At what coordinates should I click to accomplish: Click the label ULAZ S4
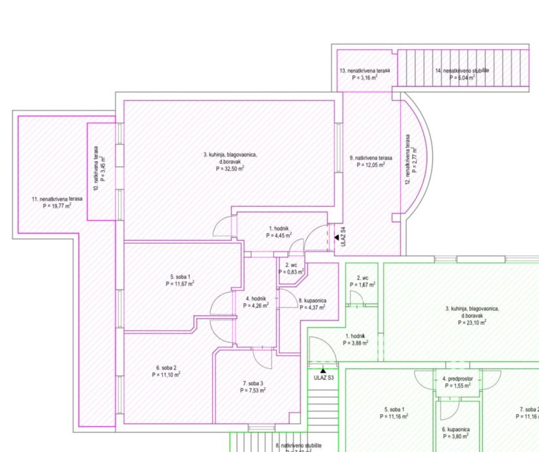(343, 238)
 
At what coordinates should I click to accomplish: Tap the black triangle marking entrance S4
(336, 238)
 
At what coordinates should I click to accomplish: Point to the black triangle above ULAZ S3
(323, 371)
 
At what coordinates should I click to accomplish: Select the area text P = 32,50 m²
(230, 168)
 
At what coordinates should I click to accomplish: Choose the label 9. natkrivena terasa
(371, 158)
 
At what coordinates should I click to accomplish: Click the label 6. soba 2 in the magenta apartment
(166, 367)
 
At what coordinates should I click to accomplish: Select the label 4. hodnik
(255, 298)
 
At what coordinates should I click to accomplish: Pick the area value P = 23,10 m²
(472, 323)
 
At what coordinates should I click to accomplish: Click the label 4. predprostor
(457, 379)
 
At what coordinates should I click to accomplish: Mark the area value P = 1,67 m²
(367, 285)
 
